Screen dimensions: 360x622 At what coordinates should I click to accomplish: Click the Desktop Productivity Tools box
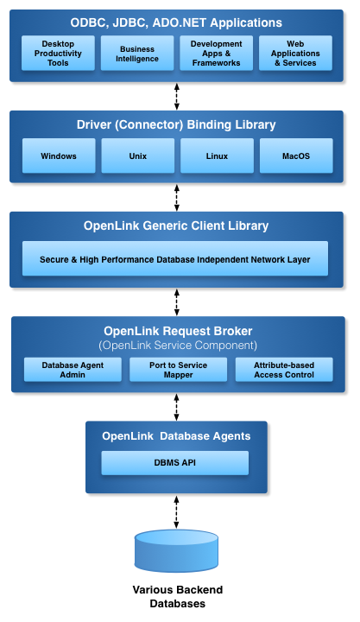point(58,54)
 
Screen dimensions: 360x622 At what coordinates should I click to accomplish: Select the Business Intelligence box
point(137,54)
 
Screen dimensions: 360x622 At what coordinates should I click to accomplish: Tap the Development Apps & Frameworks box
point(216,54)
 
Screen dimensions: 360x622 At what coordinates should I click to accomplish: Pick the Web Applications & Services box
point(295,54)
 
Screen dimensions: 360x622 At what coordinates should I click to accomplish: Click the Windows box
point(59,155)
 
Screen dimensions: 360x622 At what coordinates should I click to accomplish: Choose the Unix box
point(137,155)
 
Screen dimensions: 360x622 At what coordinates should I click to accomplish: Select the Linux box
point(217,155)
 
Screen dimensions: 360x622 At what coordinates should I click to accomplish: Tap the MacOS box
point(296,155)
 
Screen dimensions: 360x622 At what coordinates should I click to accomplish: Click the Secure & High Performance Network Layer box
point(175,258)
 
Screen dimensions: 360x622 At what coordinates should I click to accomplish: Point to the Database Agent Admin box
point(73,370)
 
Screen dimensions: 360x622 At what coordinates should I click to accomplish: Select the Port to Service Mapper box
point(179,370)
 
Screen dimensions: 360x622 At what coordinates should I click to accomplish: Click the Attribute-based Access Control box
point(284,370)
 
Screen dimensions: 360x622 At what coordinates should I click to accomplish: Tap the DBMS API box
point(175,462)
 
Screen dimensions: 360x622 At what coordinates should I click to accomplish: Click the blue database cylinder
point(176,551)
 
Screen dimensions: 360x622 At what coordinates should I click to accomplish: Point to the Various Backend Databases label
point(178,597)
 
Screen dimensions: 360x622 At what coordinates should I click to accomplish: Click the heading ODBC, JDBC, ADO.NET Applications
point(176,22)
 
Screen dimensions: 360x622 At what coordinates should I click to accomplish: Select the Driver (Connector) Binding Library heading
point(176,124)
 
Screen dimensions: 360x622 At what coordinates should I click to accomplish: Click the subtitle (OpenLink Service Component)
point(178,345)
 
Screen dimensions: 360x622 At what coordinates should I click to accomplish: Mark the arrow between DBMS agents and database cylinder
point(176,511)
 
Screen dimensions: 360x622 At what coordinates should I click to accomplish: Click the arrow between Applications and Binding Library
point(177,97)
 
